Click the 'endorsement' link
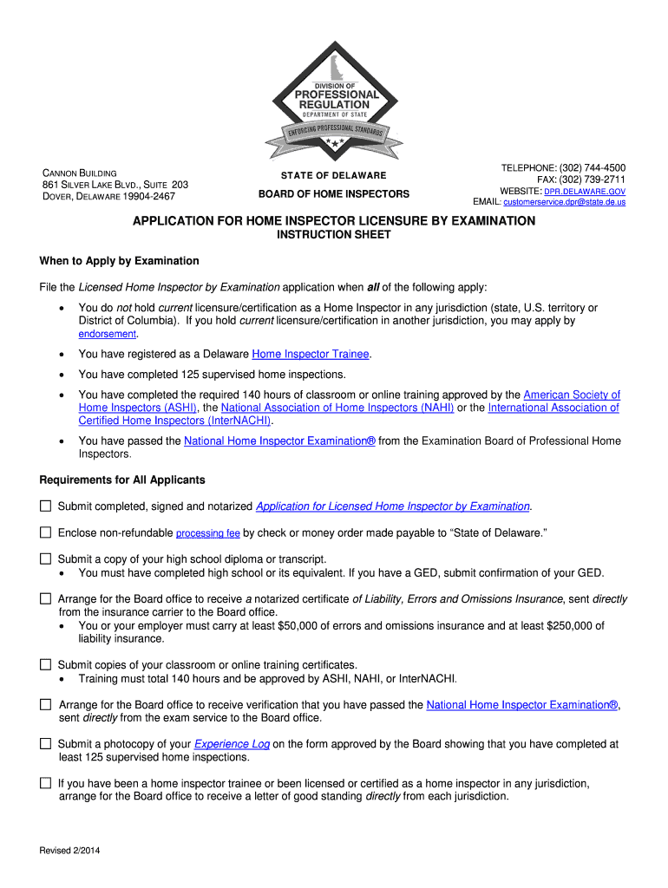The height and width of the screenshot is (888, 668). (x=108, y=334)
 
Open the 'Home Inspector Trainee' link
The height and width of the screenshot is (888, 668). (x=311, y=354)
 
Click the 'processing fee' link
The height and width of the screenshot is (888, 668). (x=207, y=533)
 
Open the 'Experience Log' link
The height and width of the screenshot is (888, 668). (x=232, y=744)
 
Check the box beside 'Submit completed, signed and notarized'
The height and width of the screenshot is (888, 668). (x=46, y=506)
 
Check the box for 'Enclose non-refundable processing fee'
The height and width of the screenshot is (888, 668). (x=46, y=532)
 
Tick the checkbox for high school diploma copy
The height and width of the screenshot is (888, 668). (x=46, y=559)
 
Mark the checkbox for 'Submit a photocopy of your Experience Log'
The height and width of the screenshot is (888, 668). (x=46, y=744)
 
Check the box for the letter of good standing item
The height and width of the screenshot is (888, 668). (x=46, y=783)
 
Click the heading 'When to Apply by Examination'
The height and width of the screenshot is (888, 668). (x=119, y=261)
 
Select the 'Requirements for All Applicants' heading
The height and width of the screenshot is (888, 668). (x=122, y=480)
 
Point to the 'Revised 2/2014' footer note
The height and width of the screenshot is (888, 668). (x=70, y=851)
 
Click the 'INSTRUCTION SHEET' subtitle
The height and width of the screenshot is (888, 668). (x=333, y=235)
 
